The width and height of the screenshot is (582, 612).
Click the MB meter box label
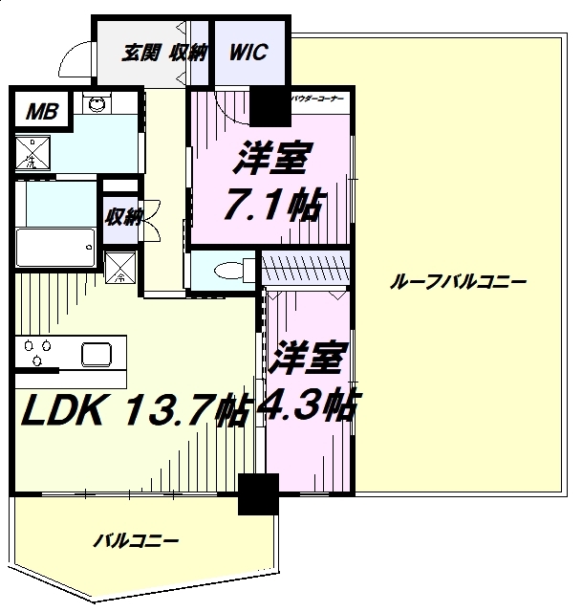coord(40,113)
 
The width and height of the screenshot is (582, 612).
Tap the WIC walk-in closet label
coord(248,53)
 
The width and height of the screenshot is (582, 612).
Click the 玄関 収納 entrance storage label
coord(163,54)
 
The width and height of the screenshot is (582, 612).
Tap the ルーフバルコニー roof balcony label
coord(459,283)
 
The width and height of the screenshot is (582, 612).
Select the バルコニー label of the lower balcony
coord(136,541)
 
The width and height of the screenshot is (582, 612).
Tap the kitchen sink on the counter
coord(100,355)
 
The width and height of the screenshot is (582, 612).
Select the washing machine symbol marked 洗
coord(35,154)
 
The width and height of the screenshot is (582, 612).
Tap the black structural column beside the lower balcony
coord(258,494)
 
